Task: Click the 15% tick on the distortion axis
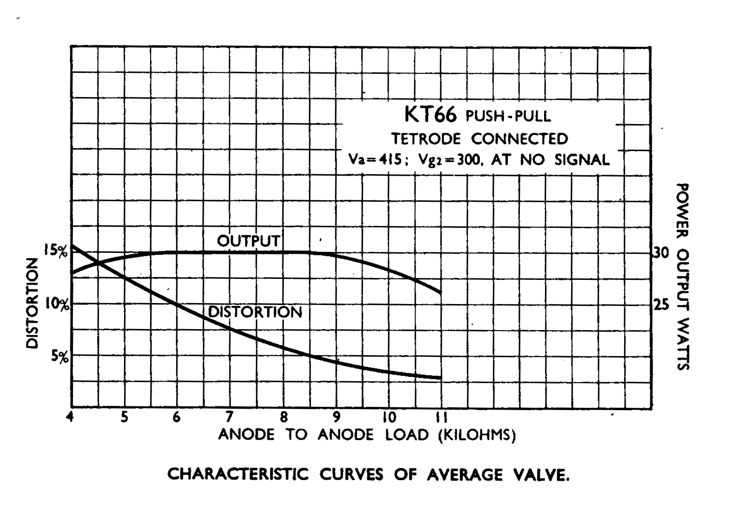tap(56, 251)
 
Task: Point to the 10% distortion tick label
tap(57, 305)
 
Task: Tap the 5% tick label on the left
tap(60, 357)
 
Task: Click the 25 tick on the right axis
tap(661, 305)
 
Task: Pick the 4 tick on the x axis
tap(70, 417)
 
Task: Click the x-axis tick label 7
tap(230, 417)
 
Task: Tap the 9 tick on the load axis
tap(336, 417)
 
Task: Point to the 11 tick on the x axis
tap(441, 417)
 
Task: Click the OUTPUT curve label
tap(248, 241)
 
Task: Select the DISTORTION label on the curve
tap(255, 312)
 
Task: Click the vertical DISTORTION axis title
tap(32, 303)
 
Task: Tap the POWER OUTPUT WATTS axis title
tap(682, 277)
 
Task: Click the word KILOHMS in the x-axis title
tap(477, 435)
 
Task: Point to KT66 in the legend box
tap(430, 115)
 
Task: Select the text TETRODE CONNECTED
tap(479, 139)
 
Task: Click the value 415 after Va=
tap(388, 160)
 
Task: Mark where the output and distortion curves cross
tap(99, 263)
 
